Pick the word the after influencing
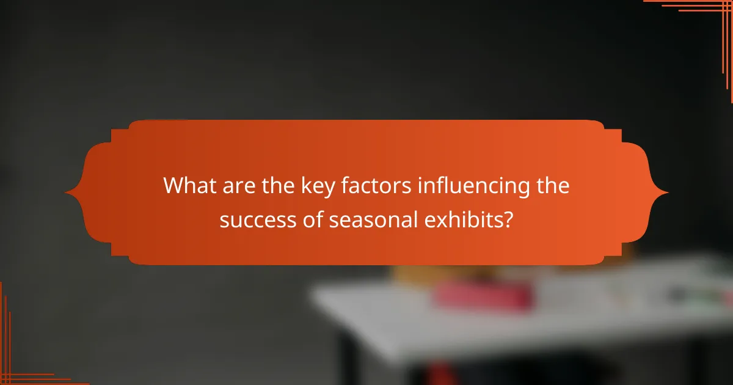550,186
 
